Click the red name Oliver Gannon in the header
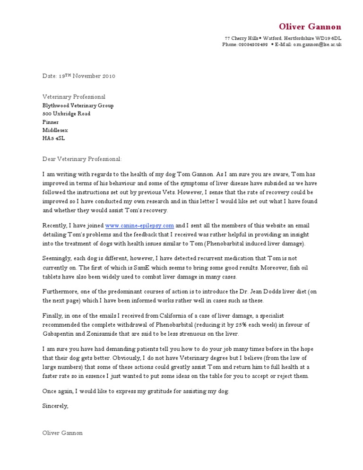point(310,27)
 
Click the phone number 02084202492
point(253,44)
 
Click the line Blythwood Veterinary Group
point(78,105)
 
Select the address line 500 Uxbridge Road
point(66,113)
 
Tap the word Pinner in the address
point(51,122)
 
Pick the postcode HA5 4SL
point(53,138)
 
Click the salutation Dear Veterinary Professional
point(82,159)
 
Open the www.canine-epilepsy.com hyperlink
point(139,226)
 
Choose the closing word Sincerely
point(55,406)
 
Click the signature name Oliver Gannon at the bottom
point(62,433)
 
